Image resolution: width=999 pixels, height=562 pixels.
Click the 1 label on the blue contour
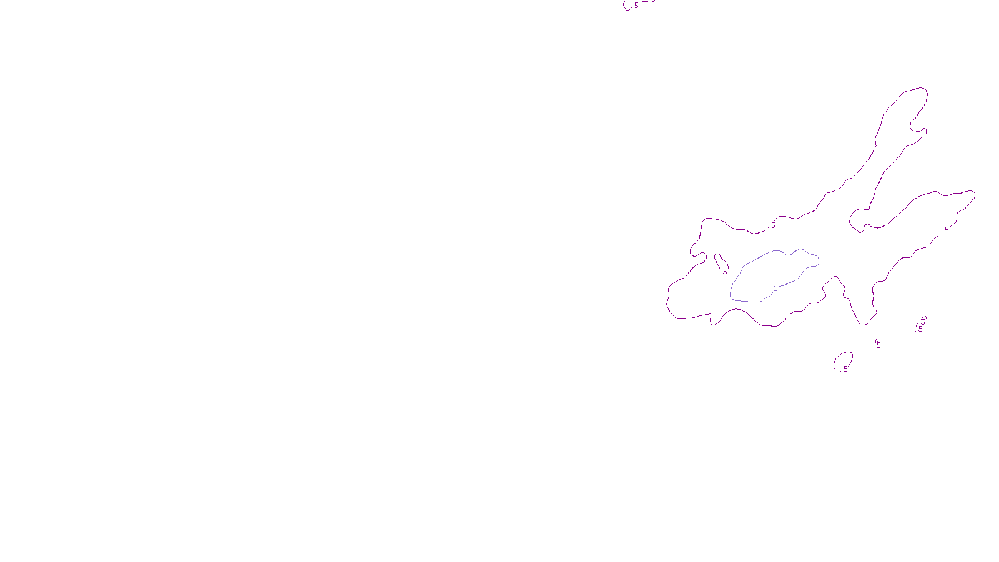(x=775, y=288)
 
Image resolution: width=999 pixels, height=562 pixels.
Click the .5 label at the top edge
(x=636, y=6)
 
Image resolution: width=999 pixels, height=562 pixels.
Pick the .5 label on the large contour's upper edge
(x=772, y=225)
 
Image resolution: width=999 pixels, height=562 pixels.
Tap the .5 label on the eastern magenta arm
(x=946, y=230)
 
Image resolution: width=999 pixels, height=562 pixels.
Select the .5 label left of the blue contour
(x=724, y=272)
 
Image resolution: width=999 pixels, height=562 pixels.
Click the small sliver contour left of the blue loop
(x=719, y=259)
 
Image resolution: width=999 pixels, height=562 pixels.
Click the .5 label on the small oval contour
(x=845, y=369)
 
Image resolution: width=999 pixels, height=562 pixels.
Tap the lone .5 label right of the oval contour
(x=878, y=345)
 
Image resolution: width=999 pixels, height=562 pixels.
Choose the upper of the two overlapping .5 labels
(x=923, y=320)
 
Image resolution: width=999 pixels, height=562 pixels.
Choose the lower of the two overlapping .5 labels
(x=920, y=328)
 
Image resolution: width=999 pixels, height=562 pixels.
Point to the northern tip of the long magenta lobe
(x=918, y=89)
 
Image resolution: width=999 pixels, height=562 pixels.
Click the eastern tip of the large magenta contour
(x=973, y=194)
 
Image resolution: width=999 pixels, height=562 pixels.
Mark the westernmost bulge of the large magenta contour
(x=668, y=300)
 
